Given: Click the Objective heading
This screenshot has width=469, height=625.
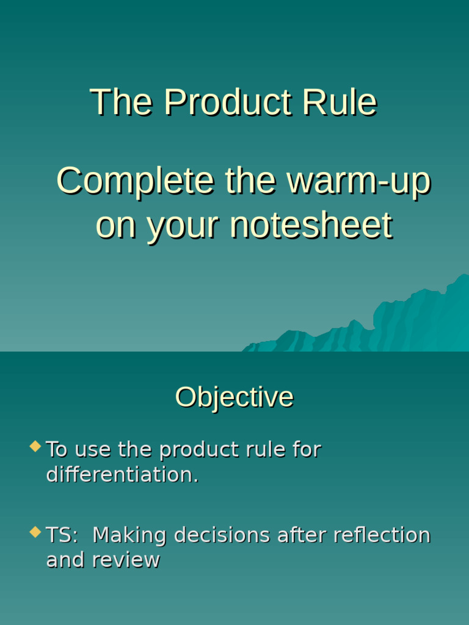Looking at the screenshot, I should tap(234, 397).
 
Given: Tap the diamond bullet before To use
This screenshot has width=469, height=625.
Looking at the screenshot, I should tap(35, 446).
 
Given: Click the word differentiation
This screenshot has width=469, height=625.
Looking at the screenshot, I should tap(122, 475).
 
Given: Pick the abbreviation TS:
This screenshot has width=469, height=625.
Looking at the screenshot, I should tap(62, 535).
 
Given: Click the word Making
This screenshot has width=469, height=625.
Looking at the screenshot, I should tap(129, 535).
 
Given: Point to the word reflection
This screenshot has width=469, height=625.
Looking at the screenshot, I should tap(382, 535).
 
